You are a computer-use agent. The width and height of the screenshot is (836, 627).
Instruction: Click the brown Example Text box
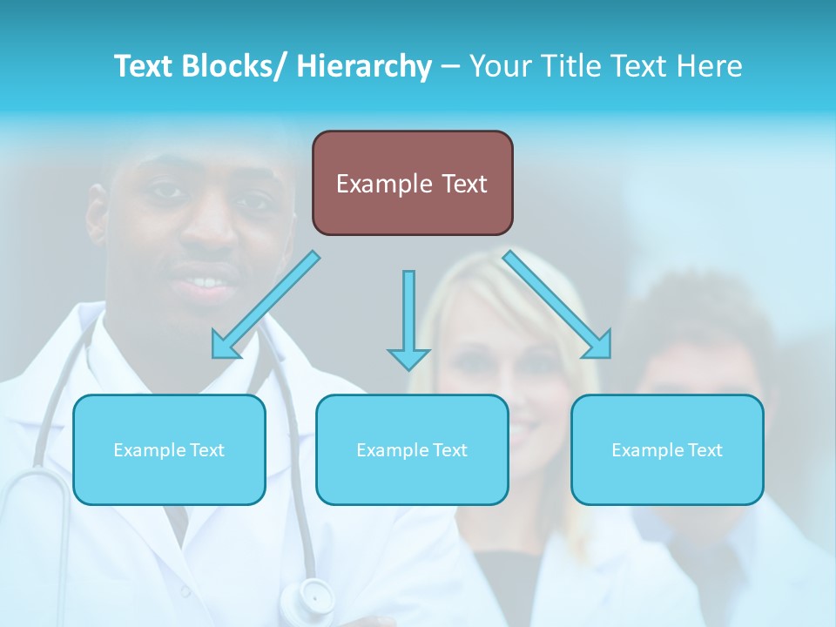[x=412, y=183]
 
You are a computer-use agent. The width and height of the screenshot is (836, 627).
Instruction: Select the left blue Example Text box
[x=169, y=449]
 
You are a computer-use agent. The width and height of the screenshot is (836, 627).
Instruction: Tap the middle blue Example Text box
[x=412, y=449]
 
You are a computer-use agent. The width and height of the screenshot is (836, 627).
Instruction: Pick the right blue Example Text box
[x=667, y=449]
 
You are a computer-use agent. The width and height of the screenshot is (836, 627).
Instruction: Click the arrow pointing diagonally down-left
[x=266, y=305]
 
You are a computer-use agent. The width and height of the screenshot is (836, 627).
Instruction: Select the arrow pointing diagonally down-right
[x=557, y=305]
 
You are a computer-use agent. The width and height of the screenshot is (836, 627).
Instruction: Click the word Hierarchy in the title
[x=364, y=66]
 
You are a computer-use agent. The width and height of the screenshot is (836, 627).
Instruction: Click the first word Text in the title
[x=144, y=66]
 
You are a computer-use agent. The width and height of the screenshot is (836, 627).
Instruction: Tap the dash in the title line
[x=450, y=66]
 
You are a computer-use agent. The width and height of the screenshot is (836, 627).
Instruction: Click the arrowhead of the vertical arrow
[x=408, y=357]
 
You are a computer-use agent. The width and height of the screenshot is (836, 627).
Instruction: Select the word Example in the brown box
[x=373, y=184]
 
